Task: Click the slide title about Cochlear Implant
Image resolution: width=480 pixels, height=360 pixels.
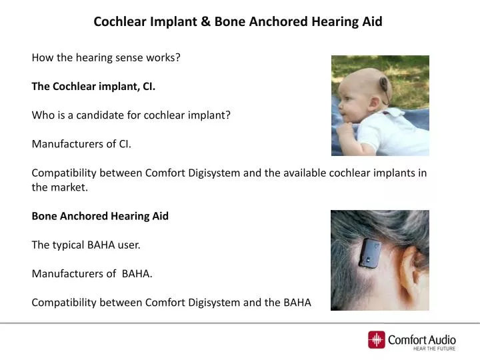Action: (x=238, y=21)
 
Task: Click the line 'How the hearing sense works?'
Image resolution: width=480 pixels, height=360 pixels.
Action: (x=106, y=57)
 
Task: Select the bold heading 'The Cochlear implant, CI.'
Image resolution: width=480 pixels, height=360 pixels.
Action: (x=93, y=86)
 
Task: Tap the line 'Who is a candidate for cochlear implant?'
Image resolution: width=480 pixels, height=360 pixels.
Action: (x=131, y=115)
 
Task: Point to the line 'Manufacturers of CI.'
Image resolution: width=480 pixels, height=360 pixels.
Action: (x=82, y=143)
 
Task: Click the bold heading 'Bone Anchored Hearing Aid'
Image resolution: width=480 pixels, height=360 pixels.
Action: (x=100, y=216)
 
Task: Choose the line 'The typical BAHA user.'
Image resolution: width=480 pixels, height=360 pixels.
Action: (x=86, y=245)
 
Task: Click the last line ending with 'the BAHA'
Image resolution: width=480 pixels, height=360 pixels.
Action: (x=171, y=302)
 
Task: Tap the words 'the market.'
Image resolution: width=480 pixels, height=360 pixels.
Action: (x=59, y=187)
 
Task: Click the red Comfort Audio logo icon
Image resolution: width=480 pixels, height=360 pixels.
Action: (x=377, y=340)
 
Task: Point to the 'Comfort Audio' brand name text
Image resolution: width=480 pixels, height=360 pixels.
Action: (x=422, y=339)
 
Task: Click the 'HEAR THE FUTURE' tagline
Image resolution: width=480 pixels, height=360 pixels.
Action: (x=435, y=349)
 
